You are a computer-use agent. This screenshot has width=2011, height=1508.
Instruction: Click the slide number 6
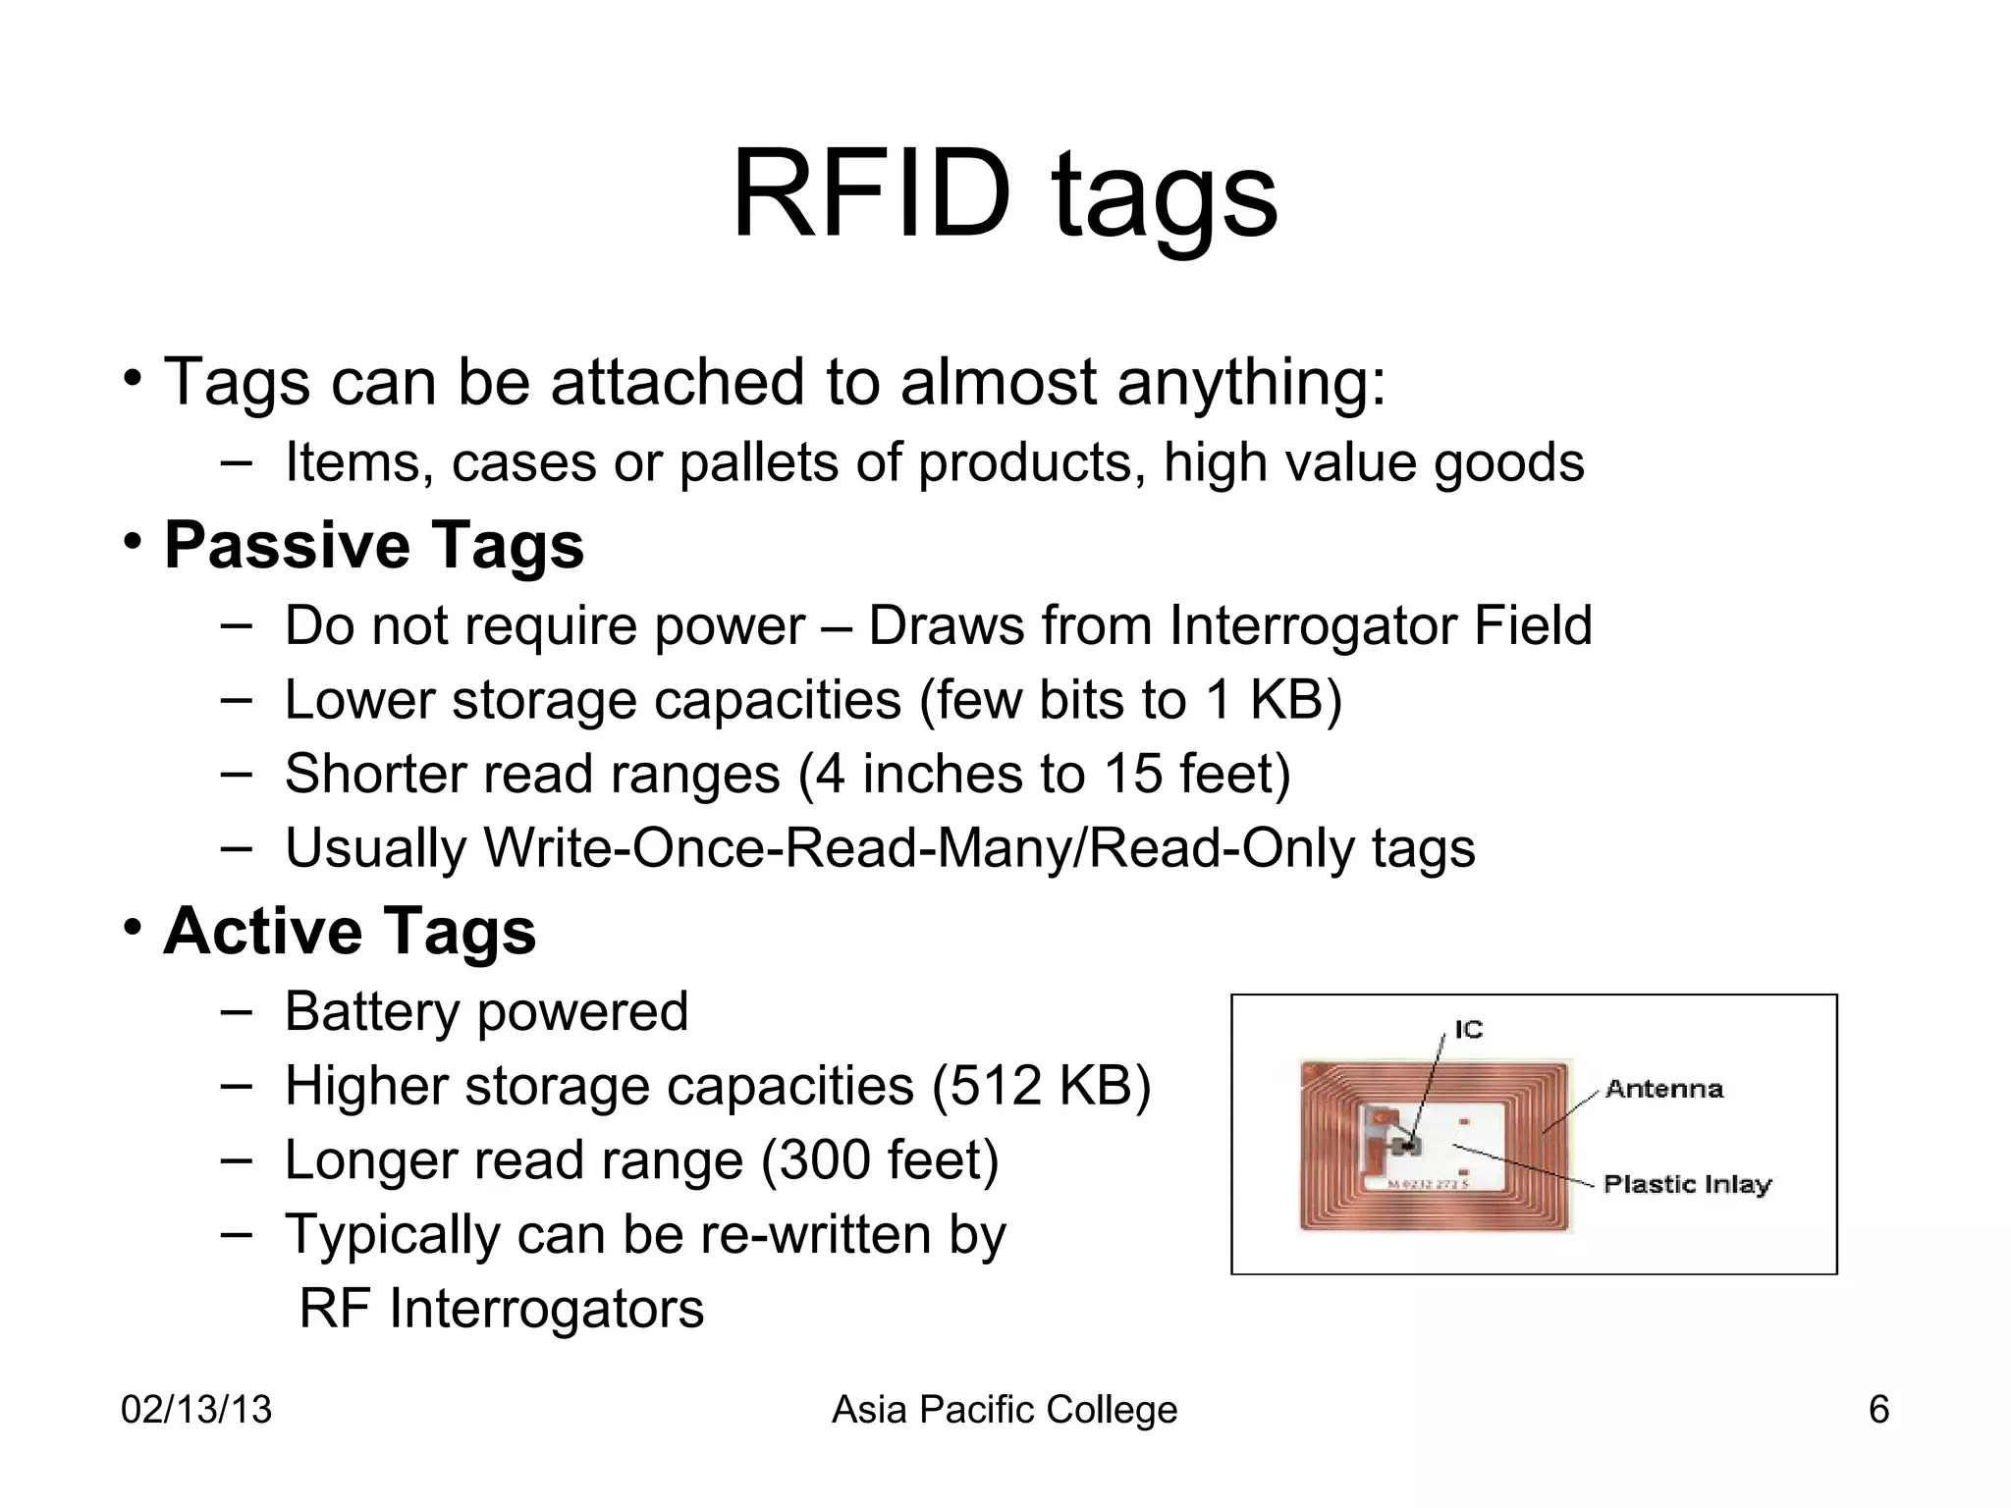[x=1878, y=1410]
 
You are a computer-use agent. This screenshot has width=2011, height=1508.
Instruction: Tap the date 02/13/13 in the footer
[x=196, y=1410]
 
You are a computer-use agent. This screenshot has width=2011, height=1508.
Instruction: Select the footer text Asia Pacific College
[x=1005, y=1410]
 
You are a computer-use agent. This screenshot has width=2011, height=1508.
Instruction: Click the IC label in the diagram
[x=1469, y=1029]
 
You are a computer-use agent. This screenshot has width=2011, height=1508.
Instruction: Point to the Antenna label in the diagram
[x=1664, y=1089]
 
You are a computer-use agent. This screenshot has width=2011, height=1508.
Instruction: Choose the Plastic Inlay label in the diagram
[x=1687, y=1184]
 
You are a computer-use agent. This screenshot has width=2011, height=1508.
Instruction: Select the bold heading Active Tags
[x=350, y=930]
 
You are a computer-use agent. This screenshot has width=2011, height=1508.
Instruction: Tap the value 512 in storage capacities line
[x=986, y=1086]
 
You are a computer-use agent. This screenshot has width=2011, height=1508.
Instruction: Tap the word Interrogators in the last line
[x=546, y=1309]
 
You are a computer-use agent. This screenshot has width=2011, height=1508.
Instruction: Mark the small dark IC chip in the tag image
[x=1411, y=1145]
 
